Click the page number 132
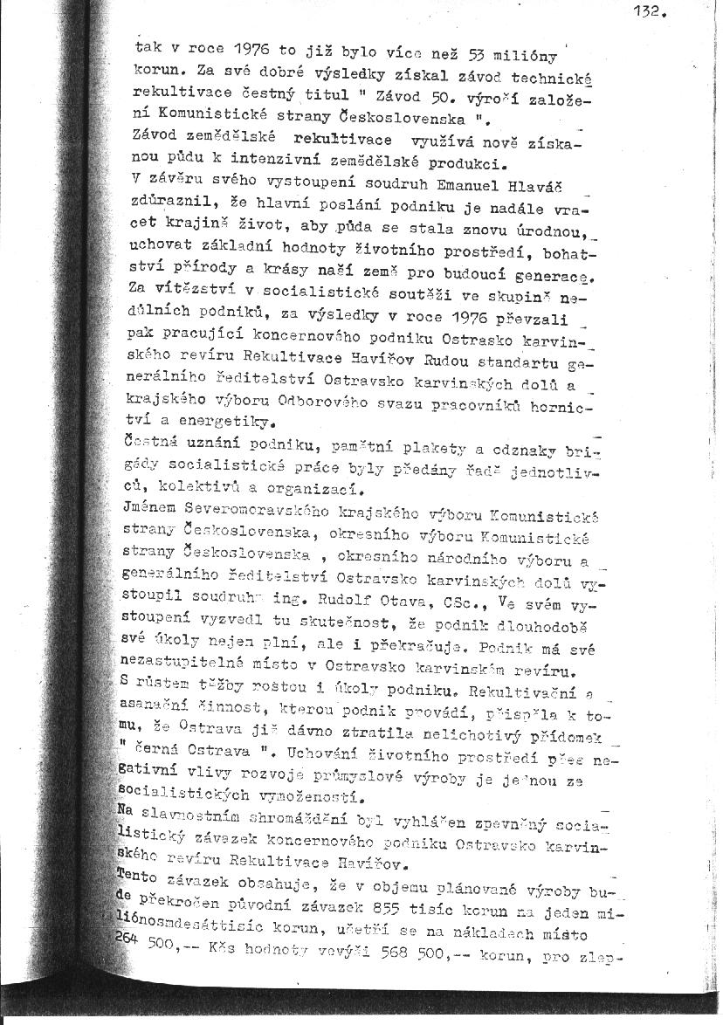651,12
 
